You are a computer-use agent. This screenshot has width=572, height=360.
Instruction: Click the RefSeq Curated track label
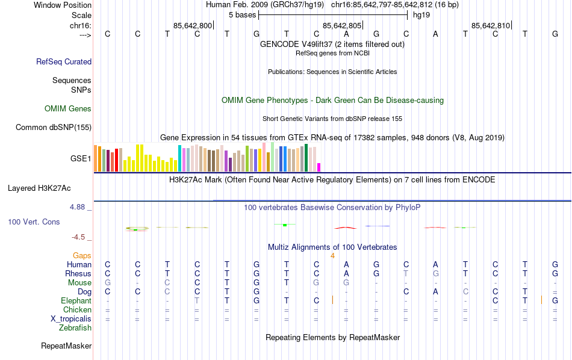(64, 61)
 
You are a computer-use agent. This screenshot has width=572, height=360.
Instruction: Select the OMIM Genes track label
(68, 109)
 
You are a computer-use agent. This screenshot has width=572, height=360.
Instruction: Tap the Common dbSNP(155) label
(54, 127)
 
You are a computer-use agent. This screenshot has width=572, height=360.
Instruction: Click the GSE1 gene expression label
(81, 159)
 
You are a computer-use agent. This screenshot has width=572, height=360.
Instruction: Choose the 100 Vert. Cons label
(34, 222)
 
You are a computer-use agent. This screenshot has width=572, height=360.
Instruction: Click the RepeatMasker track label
(66, 346)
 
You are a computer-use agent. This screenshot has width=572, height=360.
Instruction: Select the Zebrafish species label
(75, 328)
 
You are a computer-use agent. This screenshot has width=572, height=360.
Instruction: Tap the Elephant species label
(76, 301)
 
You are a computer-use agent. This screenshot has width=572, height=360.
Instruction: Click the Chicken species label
(77, 310)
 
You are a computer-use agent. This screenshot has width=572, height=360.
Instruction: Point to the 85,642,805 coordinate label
(342, 25)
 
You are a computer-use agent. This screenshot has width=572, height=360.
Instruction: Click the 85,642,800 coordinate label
(193, 25)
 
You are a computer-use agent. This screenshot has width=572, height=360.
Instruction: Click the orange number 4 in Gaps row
(332, 255)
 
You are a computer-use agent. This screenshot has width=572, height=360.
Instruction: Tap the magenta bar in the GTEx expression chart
(319, 167)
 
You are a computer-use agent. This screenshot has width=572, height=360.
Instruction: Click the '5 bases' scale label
(242, 14)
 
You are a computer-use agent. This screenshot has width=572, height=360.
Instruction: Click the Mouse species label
(79, 283)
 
